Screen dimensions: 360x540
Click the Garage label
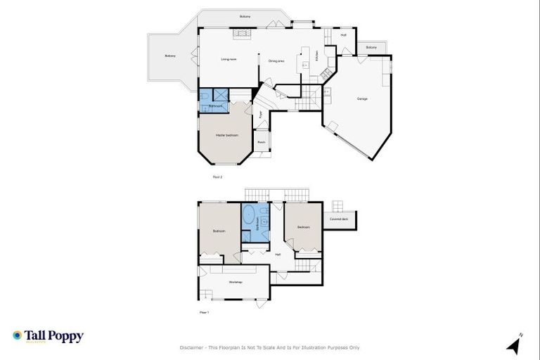coord(362,98)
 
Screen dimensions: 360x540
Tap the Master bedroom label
coord(226,134)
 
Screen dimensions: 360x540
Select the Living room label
coord(229,60)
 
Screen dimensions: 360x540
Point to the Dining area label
coord(276,61)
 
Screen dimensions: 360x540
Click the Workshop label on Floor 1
coord(236,282)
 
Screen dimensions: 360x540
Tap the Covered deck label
coord(339,219)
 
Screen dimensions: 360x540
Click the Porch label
coord(260,142)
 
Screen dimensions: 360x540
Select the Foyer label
coord(260,113)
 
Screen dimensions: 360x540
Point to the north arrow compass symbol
coord(515,345)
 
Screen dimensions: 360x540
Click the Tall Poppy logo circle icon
coord(17,336)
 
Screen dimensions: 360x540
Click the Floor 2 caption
coord(217,176)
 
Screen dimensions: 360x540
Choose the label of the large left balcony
coord(169,56)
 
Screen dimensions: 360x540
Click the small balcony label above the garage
coord(371,47)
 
